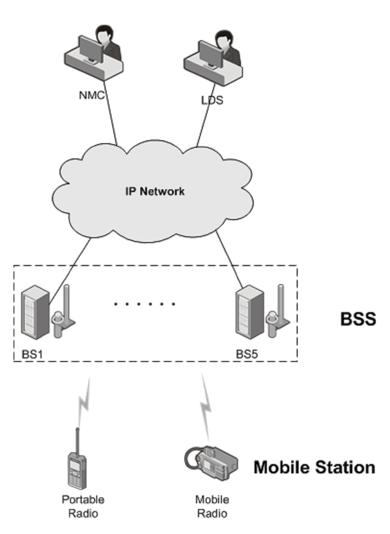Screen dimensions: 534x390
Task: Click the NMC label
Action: click(x=92, y=95)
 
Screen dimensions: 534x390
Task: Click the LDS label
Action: click(x=212, y=100)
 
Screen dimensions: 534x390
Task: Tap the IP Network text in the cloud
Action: click(x=155, y=191)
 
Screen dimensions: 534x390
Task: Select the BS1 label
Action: click(x=32, y=354)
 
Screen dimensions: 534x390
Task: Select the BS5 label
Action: click(x=247, y=354)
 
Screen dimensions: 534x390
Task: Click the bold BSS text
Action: click(x=358, y=319)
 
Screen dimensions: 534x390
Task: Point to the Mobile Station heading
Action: click(x=314, y=467)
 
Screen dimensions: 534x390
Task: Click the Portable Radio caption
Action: click(x=83, y=506)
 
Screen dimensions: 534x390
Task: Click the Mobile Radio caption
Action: click(x=212, y=506)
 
